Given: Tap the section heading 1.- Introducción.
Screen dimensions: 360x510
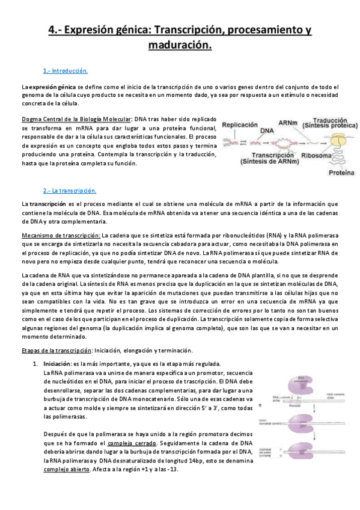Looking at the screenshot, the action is (x=66, y=71).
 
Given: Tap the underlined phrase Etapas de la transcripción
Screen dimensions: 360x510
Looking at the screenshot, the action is (x=58, y=350).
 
